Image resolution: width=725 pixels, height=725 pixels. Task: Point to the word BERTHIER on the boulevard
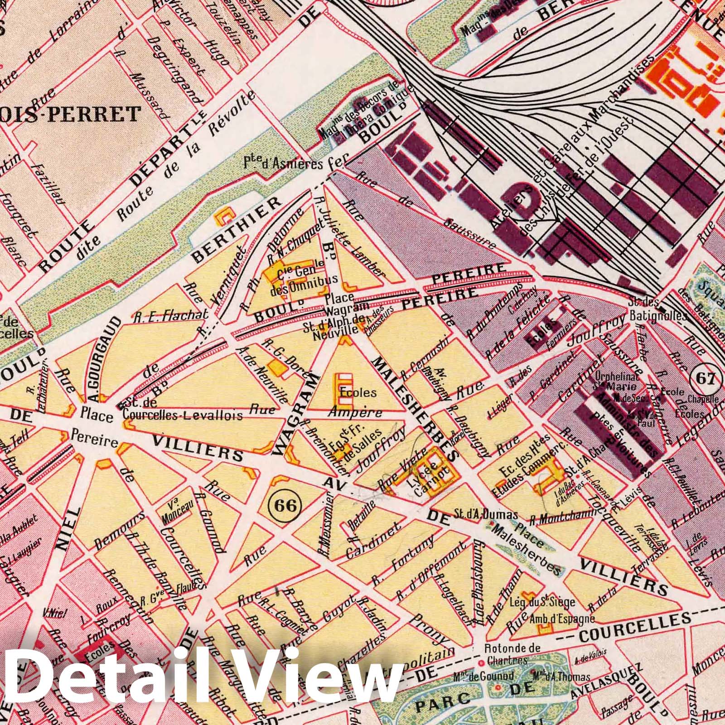coord(236,230)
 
